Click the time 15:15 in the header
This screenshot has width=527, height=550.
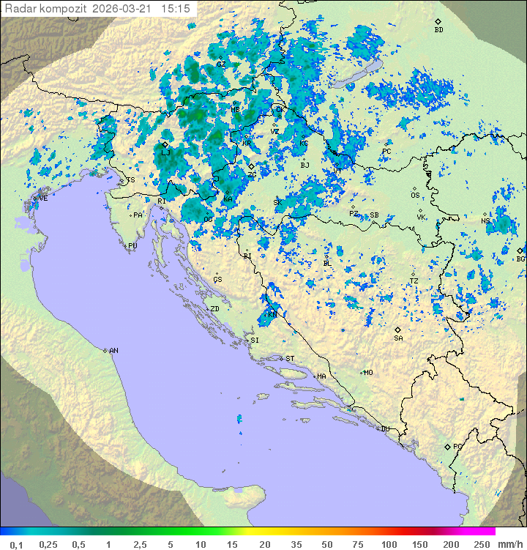coord(176,9)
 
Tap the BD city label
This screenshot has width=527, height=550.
coord(438,30)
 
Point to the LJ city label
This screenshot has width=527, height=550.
coord(165,152)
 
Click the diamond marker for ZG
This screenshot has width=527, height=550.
coord(251,166)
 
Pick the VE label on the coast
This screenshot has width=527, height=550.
coord(43,198)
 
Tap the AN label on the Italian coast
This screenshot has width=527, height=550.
coord(113,351)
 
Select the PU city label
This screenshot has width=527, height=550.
coord(132,246)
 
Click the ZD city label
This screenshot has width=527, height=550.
coord(214,309)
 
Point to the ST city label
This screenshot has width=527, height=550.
coord(290,359)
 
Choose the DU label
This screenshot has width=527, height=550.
coord(384,429)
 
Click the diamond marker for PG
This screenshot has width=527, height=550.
coord(447,446)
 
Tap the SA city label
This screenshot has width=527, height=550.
coord(398,338)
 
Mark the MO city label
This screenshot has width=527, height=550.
coord(368,372)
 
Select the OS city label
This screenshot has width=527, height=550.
coord(415,196)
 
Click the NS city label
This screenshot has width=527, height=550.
coord(485,221)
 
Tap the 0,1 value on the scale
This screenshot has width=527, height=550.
coord(16,544)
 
